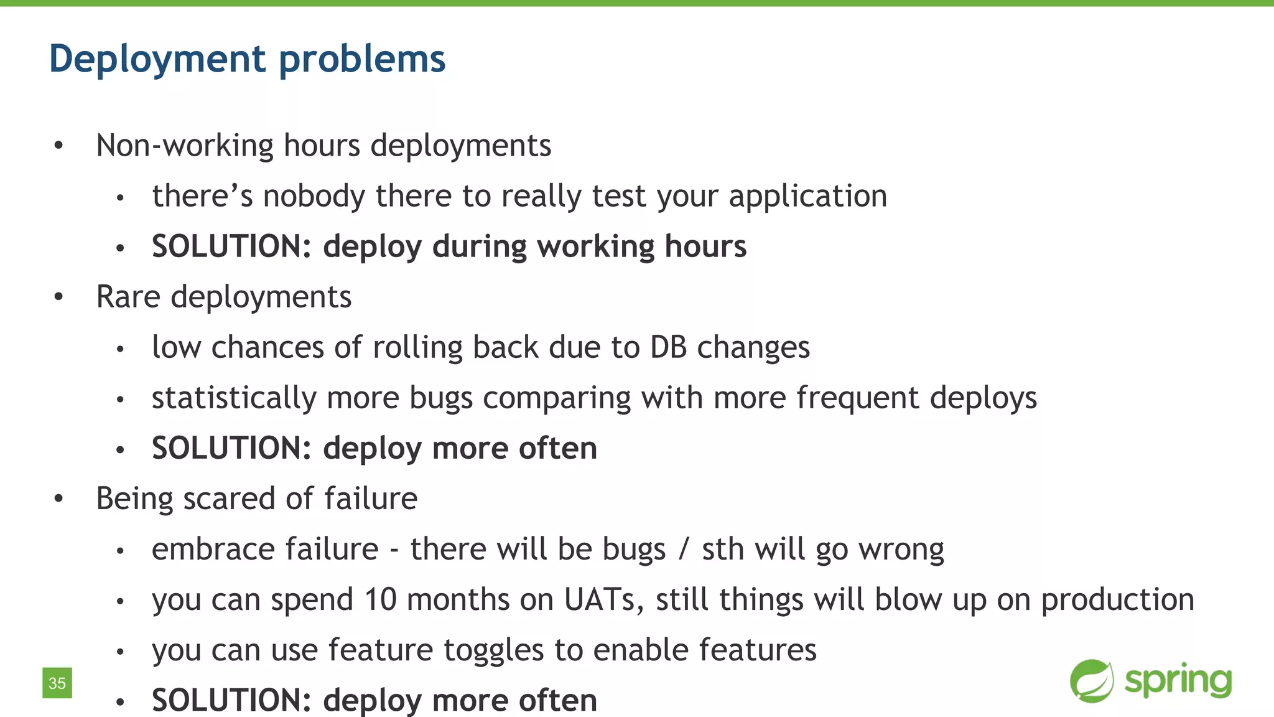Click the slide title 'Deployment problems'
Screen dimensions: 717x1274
coord(247,59)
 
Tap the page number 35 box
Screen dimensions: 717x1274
coord(57,683)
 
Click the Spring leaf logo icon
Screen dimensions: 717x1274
coord(1092,681)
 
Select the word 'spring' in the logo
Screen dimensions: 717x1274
coord(1178,681)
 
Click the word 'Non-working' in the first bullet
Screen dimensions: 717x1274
coord(184,146)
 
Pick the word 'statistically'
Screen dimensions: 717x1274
coord(234,398)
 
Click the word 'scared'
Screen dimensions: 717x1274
coord(229,499)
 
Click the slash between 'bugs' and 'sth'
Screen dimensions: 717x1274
coord(684,550)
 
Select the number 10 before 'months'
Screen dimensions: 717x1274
coord(380,600)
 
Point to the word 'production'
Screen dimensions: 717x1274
coord(1117,600)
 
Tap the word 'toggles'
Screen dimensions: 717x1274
coord(493,650)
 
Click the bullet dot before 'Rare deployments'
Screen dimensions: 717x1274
coord(58,297)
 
